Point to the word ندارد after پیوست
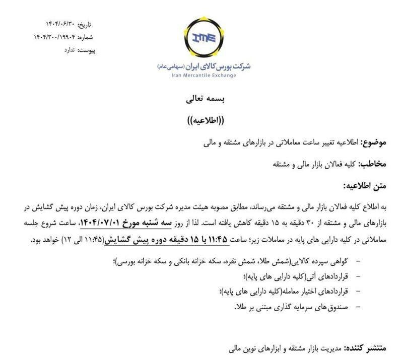(71, 50)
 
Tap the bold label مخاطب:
(373, 164)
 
